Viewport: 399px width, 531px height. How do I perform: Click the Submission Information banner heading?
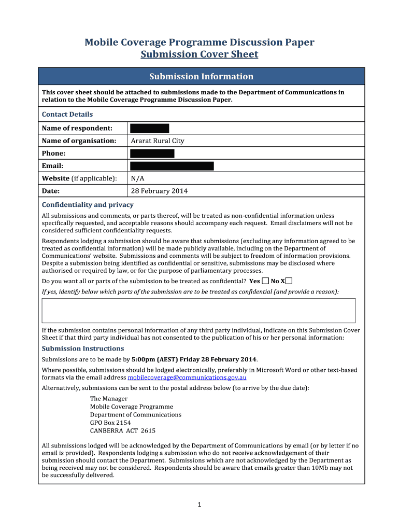point(201,77)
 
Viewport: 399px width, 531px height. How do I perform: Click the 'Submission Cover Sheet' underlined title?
point(199,54)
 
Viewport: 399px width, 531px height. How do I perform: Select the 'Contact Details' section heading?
point(67,115)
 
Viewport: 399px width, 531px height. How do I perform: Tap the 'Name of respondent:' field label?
point(77,128)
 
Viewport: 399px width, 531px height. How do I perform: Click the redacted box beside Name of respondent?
point(150,128)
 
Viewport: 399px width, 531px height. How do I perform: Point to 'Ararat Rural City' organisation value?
point(158,141)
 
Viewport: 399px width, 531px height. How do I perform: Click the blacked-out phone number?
point(152,153)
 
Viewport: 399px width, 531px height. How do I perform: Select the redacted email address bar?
point(172,166)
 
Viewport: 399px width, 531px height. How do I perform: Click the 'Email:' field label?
point(52,166)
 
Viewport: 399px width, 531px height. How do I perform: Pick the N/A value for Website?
point(137,178)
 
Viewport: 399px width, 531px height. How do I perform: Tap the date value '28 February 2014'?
point(159,191)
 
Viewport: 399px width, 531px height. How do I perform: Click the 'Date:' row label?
point(51,191)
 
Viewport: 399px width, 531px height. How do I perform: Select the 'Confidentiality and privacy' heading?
point(88,205)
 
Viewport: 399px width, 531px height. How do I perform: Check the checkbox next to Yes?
point(265,281)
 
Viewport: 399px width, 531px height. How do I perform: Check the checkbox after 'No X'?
point(289,281)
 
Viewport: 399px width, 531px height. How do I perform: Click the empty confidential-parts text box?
point(198,311)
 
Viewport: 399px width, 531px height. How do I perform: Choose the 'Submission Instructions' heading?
point(83,348)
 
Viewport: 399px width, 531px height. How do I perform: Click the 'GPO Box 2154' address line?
point(110,423)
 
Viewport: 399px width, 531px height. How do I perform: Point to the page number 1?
point(199,505)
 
